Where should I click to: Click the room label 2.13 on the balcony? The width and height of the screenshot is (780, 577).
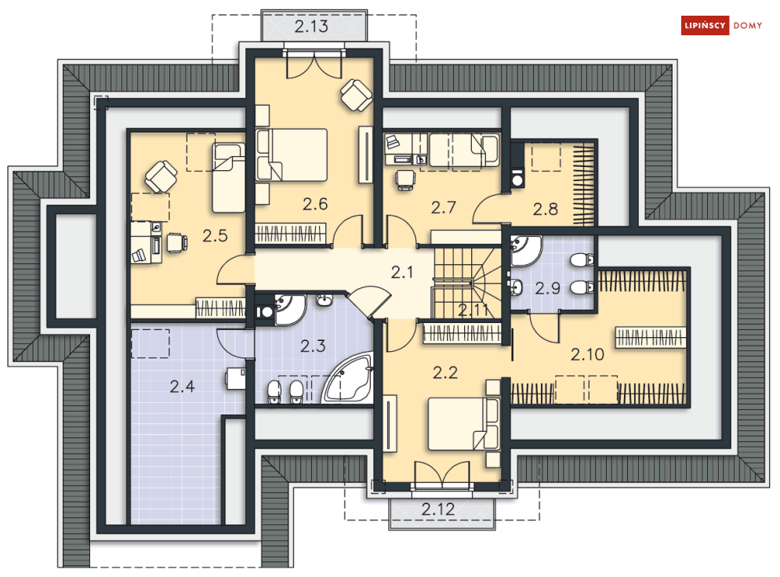(x=311, y=27)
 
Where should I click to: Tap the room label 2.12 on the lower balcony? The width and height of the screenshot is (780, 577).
(x=437, y=510)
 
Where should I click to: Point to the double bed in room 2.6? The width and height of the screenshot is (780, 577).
(x=292, y=155)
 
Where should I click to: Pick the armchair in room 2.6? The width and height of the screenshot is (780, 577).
(x=357, y=95)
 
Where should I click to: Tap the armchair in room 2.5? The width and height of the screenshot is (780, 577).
(x=161, y=176)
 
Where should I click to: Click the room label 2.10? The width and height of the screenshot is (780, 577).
(x=587, y=354)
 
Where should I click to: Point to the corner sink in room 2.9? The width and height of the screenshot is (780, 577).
(x=526, y=250)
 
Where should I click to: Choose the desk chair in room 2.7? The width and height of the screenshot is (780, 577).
(x=405, y=179)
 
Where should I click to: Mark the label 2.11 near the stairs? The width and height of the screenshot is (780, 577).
(x=474, y=310)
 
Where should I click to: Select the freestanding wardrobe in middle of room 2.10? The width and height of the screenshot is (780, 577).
(x=652, y=337)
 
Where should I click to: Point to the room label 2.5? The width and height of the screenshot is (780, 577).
(x=215, y=234)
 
